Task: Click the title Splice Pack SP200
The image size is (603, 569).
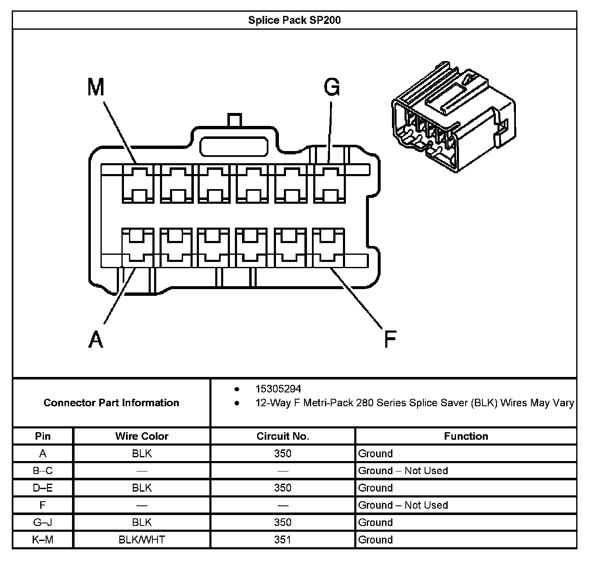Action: click(294, 20)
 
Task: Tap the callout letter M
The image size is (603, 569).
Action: click(96, 87)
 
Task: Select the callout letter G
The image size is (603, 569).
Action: click(332, 87)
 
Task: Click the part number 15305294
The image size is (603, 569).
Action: click(278, 389)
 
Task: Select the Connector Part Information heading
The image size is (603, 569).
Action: click(111, 403)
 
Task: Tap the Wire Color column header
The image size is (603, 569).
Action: click(142, 436)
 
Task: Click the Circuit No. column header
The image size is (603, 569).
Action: click(283, 436)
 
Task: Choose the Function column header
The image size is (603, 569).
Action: click(466, 436)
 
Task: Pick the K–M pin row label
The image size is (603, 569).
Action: click(43, 540)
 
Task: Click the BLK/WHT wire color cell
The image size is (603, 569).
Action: click(142, 540)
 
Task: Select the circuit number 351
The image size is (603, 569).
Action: click(283, 540)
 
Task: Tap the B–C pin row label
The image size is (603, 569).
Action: click(43, 471)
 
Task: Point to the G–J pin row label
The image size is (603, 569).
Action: click(43, 523)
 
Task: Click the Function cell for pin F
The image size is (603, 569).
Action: click(403, 505)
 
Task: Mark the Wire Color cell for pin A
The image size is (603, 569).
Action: click(142, 454)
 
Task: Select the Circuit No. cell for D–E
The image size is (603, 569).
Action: click(283, 488)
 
